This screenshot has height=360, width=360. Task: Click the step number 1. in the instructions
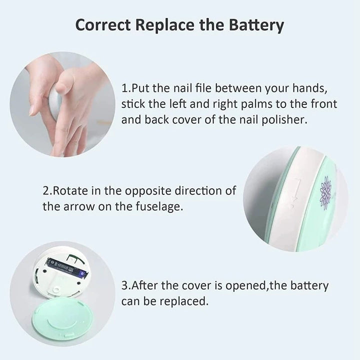coord(126,88)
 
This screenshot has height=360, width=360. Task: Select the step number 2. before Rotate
coord(47,190)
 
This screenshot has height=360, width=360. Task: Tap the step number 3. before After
coord(126,286)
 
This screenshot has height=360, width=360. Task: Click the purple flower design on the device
coord(325,192)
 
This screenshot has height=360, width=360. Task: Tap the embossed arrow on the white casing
coord(295,192)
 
